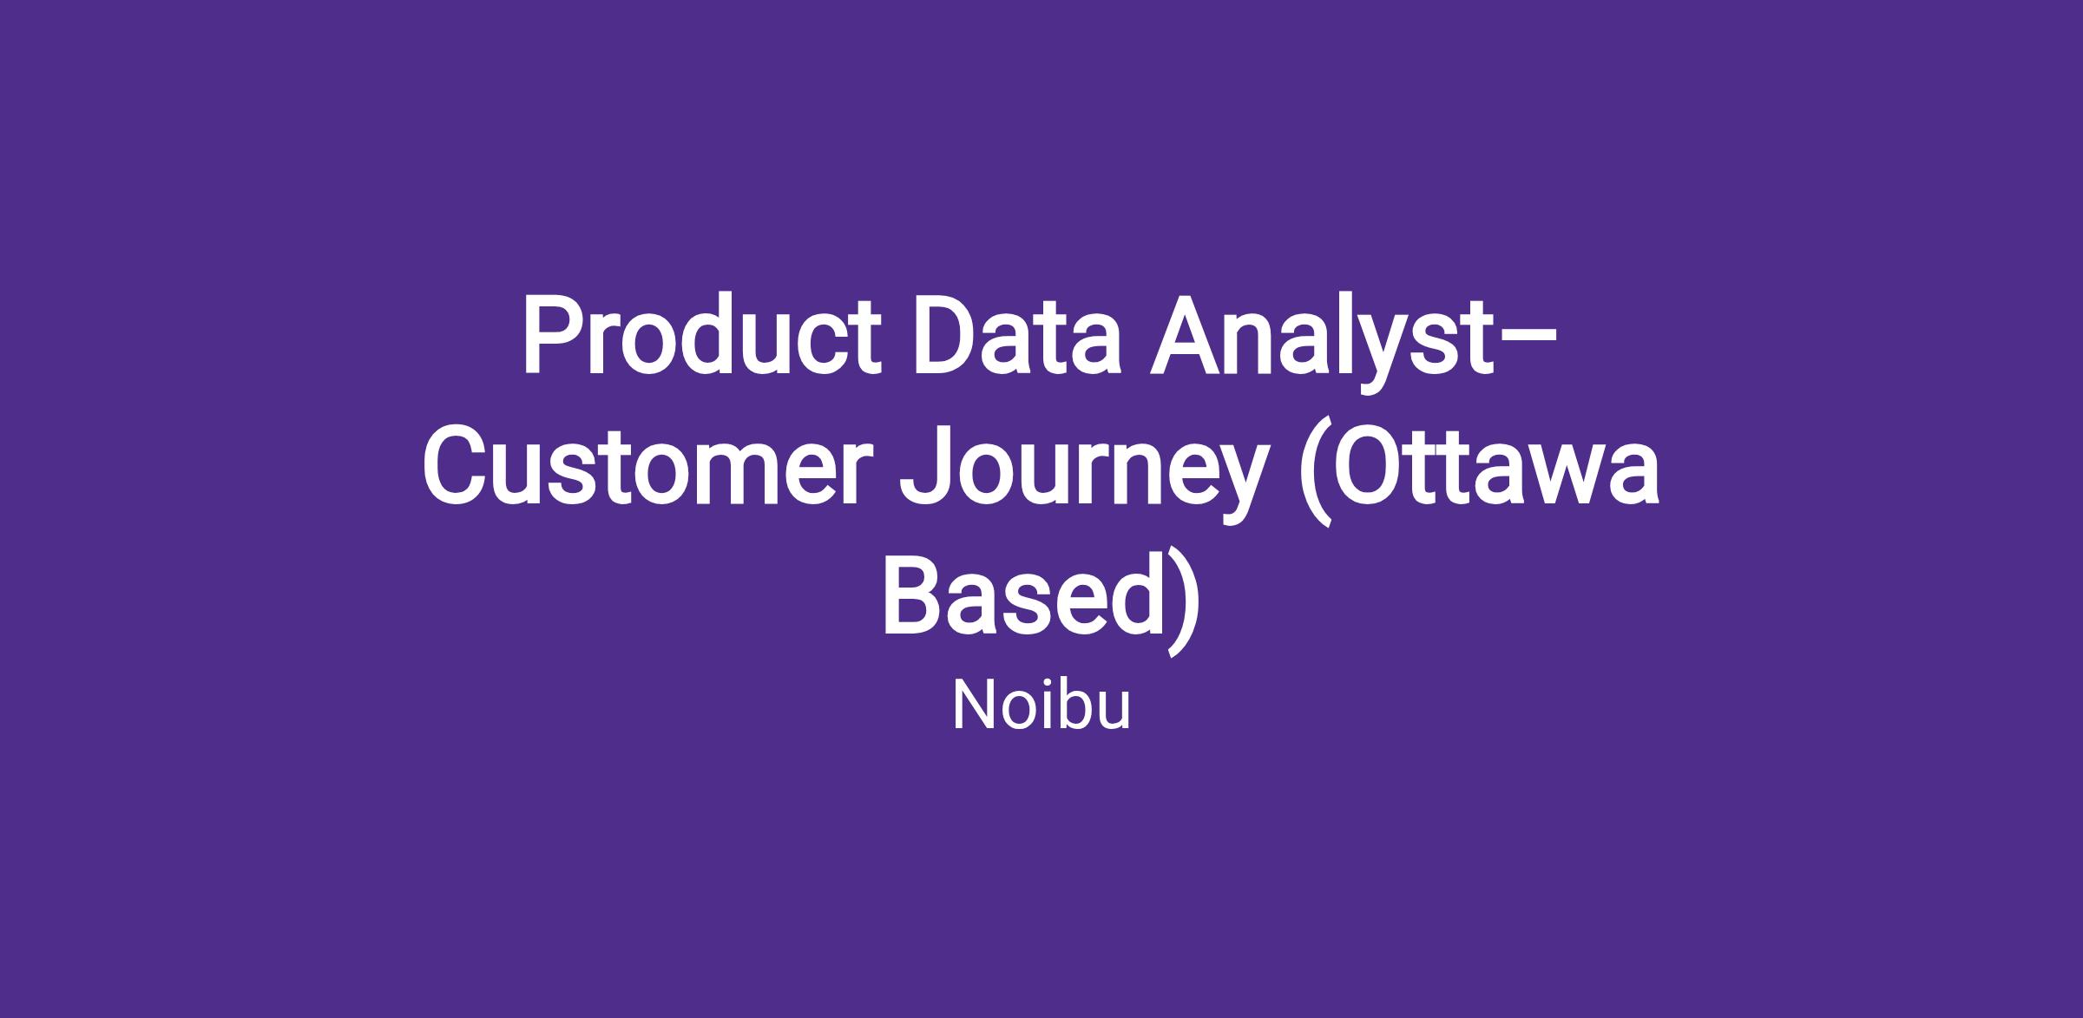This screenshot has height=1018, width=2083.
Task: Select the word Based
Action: click(x=1023, y=596)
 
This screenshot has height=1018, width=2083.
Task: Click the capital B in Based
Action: click(x=915, y=596)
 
